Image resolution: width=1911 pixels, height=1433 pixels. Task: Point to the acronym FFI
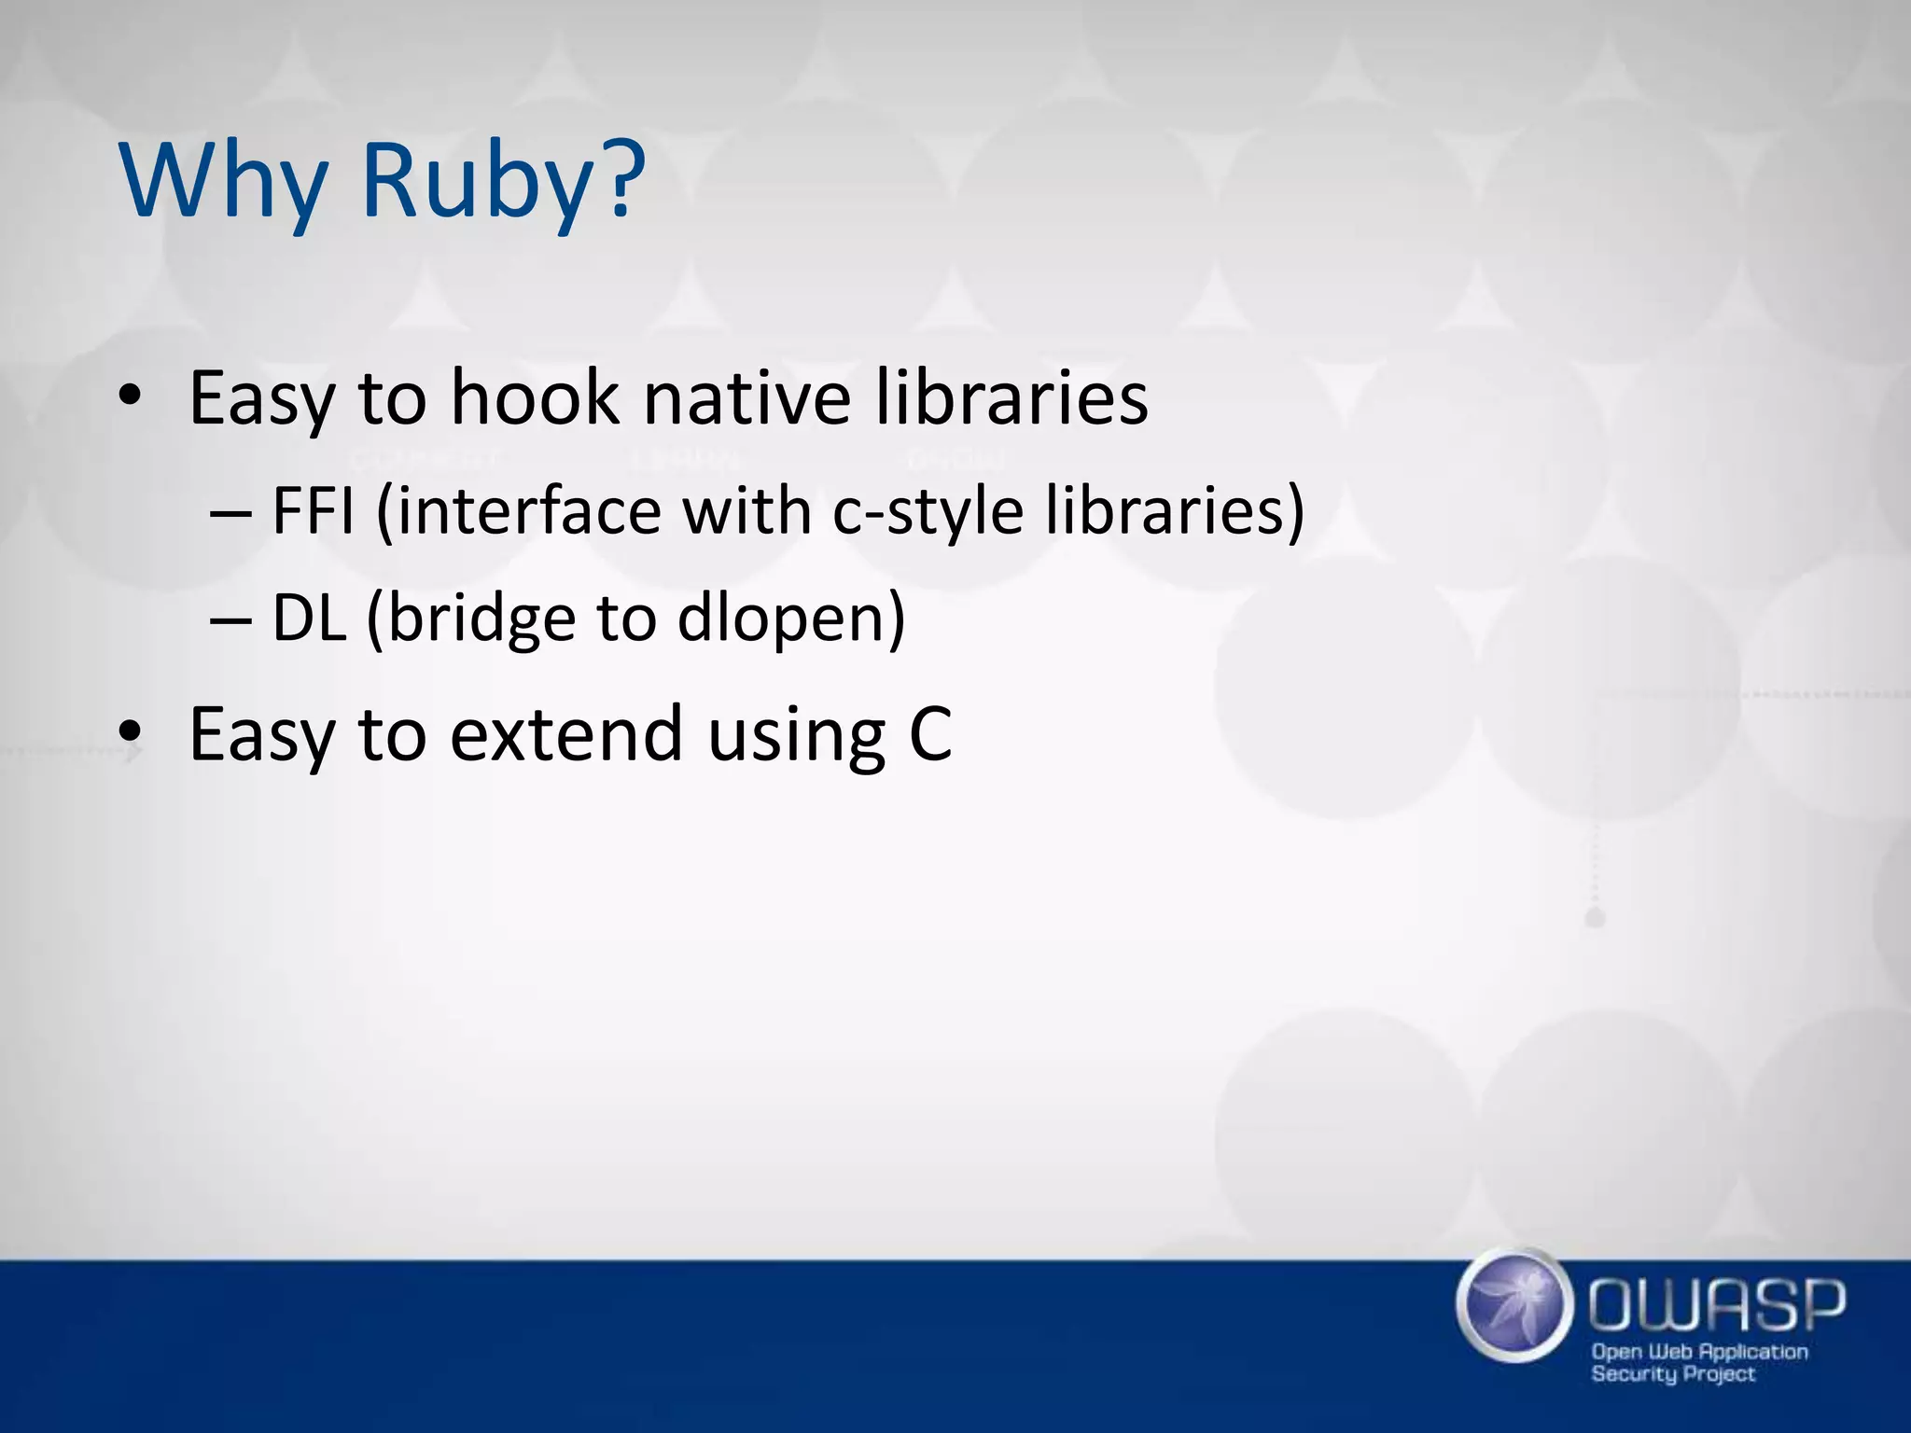313,510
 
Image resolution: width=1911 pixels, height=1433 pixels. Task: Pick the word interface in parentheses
519,512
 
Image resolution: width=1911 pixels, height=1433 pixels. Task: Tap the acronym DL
309,618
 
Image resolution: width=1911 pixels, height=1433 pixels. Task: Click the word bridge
481,619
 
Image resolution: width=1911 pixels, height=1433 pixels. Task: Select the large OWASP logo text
1717,1305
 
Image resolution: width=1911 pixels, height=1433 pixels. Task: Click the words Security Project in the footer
1672,1374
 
